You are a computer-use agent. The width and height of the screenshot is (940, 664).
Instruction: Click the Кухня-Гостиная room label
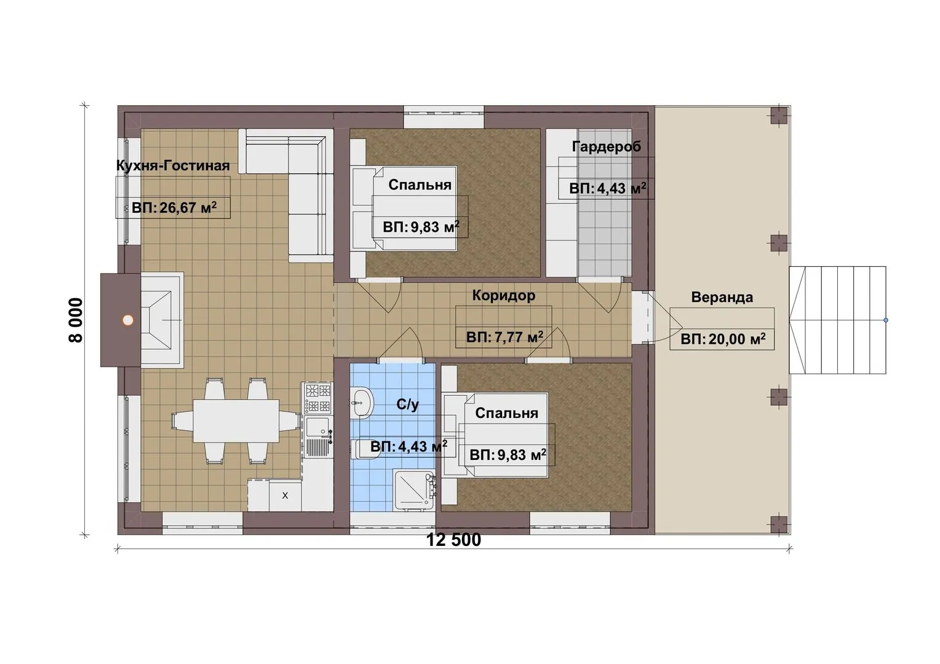click(x=173, y=165)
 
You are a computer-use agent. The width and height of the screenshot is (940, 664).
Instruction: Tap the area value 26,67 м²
click(x=174, y=207)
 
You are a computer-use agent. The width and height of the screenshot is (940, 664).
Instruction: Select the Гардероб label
click(x=607, y=146)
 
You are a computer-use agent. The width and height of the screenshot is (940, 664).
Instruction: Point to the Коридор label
click(x=504, y=295)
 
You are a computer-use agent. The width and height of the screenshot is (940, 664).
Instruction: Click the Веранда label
click(x=722, y=298)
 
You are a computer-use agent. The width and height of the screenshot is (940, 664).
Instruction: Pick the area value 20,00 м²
click(x=723, y=339)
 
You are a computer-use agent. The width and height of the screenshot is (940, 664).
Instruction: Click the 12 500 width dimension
click(x=453, y=540)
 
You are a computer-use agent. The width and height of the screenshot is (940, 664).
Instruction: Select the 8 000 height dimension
click(x=76, y=320)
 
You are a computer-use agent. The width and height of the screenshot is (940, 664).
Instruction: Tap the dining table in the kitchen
click(x=236, y=421)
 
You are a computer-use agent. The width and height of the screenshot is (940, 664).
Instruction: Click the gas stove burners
click(x=317, y=398)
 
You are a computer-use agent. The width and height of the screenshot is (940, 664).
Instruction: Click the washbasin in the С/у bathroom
click(x=361, y=403)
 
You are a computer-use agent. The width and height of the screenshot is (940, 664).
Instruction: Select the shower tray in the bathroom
click(x=413, y=490)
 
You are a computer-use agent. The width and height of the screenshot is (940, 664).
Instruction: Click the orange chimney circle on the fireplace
click(x=128, y=320)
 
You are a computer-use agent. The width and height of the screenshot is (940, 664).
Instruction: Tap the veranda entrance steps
click(x=838, y=320)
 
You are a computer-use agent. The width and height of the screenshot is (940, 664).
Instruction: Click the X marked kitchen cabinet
click(x=285, y=496)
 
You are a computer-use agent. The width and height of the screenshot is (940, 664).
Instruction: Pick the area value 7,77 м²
click(x=504, y=338)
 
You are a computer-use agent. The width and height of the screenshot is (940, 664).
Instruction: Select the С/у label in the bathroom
click(x=407, y=405)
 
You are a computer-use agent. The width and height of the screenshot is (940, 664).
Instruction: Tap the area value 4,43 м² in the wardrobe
click(x=607, y=188)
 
